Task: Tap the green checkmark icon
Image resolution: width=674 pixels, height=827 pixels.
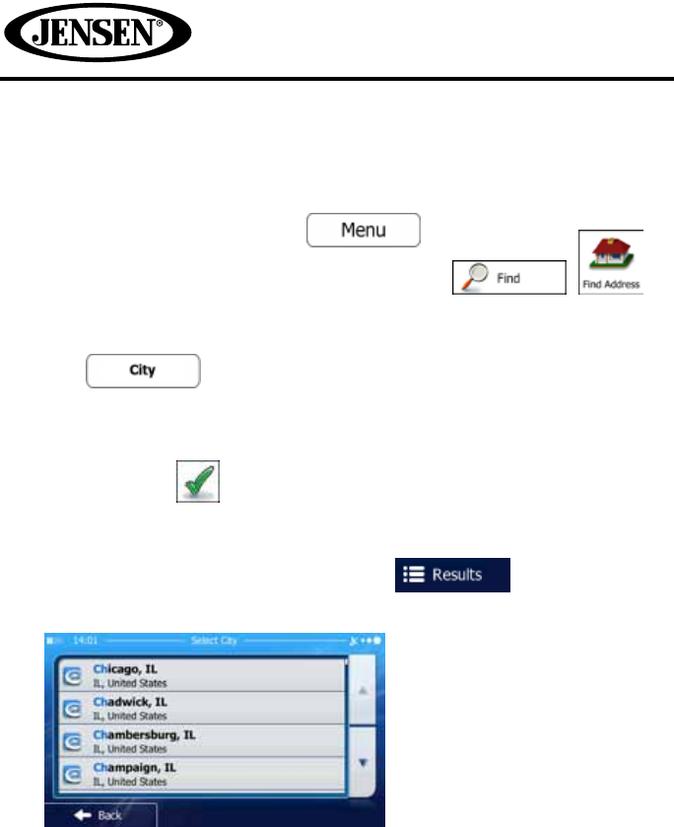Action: tap(198, 481)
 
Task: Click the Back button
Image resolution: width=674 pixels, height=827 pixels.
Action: tap(101, 815)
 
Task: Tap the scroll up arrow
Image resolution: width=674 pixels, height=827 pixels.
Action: tap(364, 691)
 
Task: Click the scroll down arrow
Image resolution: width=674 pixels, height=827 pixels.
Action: tap(364, 762)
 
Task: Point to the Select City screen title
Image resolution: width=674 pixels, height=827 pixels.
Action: tap(214, 641)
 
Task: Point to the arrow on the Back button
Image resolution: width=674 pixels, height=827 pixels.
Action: tap(83, 815)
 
